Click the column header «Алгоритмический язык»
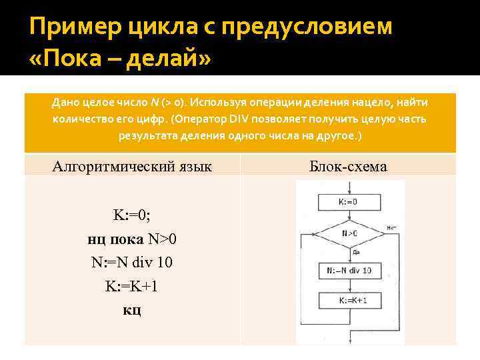pyautogui.click(x=132, y=166)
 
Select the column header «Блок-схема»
pyautogui.click(x=348, y=166)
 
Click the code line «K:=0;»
pyautogui.click(x=132, y=215)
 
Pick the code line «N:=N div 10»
pyautogui.click(x=132, y=262)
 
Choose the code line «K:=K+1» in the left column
pyautogui.click(x=132, y=286)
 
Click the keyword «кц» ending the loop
pyautogui.click(x=132, y=309)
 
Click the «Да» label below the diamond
pyautogui.click(x=357, y=253)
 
